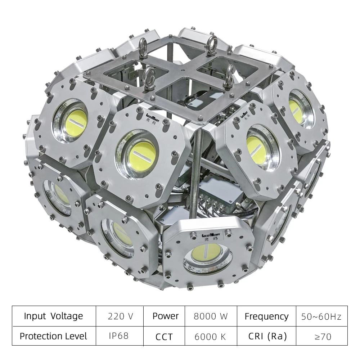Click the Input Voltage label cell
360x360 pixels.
(x=53, y=316)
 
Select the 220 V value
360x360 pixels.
(x=120, y=316)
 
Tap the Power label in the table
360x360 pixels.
(x=165, y=316)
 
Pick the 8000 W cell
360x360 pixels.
(x=211, y=316)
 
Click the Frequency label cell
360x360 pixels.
(x=266, y=316)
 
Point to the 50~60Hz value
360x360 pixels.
(x=321, y=316)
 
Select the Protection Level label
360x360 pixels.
(x=53, y=336)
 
